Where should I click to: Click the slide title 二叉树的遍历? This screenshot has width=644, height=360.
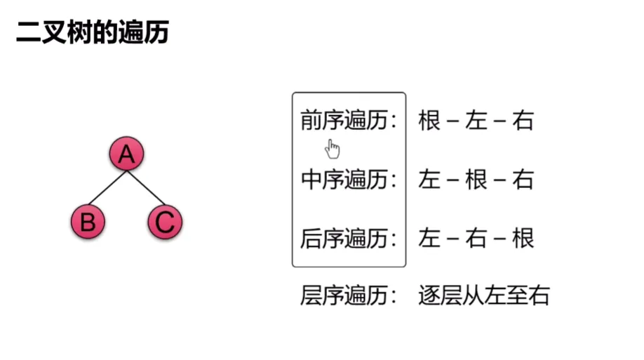[93, 32]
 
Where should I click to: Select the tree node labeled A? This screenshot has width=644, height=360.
[126, 154]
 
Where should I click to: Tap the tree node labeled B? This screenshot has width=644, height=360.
[88, 222]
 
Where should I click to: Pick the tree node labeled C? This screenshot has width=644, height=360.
[165, 222]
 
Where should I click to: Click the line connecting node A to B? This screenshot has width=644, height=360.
[107, 188]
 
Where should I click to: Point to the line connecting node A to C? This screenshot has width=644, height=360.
[146, 188]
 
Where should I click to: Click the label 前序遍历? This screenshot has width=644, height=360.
[344, 121]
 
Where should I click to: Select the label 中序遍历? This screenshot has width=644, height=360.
[344, 180]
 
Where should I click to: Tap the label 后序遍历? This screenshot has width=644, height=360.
[344, 239]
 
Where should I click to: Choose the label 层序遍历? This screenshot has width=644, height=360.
[344, 295]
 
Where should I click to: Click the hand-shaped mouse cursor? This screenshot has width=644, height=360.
[333, 149]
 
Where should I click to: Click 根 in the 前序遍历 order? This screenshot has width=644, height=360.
[429, 121]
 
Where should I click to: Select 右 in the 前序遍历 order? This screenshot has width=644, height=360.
[523, 121]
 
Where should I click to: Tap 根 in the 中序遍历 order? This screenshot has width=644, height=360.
[476, 180]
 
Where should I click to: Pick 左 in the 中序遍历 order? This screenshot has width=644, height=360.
[429, 180]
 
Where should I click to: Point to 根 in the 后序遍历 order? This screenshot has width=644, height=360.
[523, 239]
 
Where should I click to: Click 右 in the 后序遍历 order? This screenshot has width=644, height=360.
[476, 239]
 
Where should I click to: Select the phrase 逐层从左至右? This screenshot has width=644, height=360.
[484, 295]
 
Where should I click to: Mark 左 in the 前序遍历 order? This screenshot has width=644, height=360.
[476, 121]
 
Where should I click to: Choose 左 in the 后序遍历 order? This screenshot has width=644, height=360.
[429, 239]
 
